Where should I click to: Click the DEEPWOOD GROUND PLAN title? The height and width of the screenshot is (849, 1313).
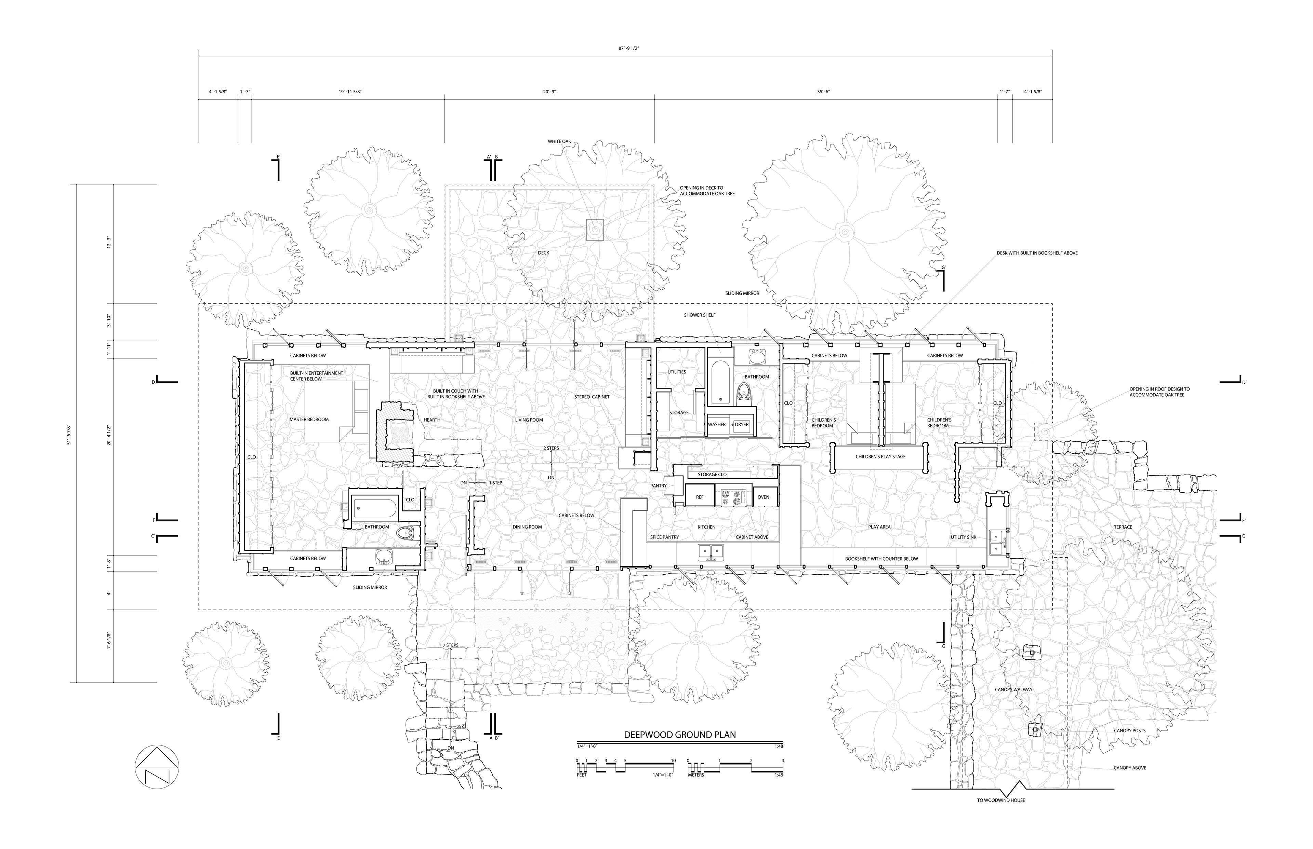coord(680,735)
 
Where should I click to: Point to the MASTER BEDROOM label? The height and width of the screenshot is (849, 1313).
coord(309,420)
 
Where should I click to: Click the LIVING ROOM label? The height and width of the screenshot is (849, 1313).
coord(529,420)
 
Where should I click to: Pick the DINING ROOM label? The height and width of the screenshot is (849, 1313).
coord(527,527)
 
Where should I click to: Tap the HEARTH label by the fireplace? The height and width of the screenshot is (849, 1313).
coord(432,420)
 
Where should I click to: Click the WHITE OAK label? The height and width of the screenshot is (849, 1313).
coord(559,142)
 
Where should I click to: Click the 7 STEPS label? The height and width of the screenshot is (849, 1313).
coord(450,645)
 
